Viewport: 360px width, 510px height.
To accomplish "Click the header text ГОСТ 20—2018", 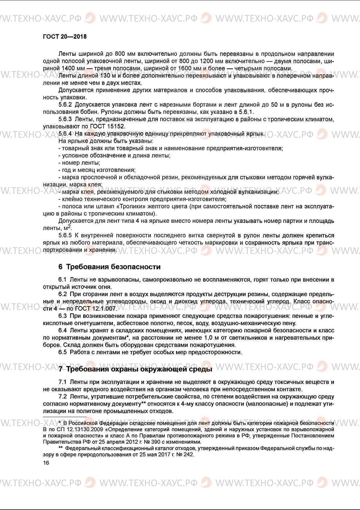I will [x=64, y=37].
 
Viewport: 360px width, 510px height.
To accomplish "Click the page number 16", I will [x=46, y=463].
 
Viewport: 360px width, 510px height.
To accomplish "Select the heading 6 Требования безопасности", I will [x=109, y=266].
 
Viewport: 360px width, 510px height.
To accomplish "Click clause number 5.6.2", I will [x=65, y=105].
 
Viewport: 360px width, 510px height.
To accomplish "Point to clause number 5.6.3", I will [x=65, y=119].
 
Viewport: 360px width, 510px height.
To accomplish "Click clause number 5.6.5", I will [x=65, y=235].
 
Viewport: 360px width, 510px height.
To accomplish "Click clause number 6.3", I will [x=62, y=316].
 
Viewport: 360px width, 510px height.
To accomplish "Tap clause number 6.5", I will [x=62, y=352].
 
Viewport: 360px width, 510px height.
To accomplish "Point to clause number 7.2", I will [x=62, y=396].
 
